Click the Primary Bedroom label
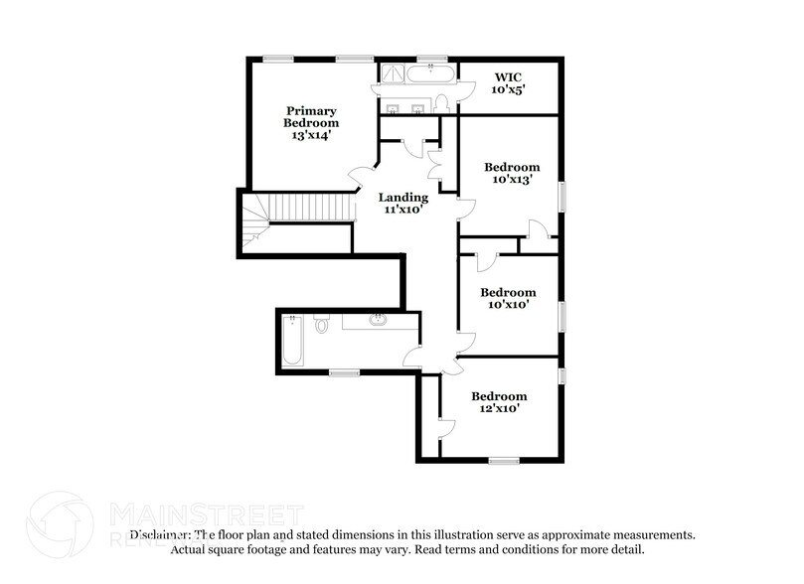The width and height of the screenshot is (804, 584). pos(311,122)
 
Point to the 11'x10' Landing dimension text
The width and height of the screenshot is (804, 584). pos(402,210)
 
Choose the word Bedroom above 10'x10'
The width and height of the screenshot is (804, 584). pos(507,292)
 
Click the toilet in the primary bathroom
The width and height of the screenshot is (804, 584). pos(442,103)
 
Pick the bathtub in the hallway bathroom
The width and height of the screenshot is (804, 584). pos(294,342)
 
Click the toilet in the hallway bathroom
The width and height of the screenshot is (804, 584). pos(321,324)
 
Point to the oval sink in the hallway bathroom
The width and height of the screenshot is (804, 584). pos(378,320)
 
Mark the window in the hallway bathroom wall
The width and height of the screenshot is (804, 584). pos(344,372)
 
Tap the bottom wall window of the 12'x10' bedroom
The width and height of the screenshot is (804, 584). pos(503,460)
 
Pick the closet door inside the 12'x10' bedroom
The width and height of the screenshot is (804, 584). pos(446,428)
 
